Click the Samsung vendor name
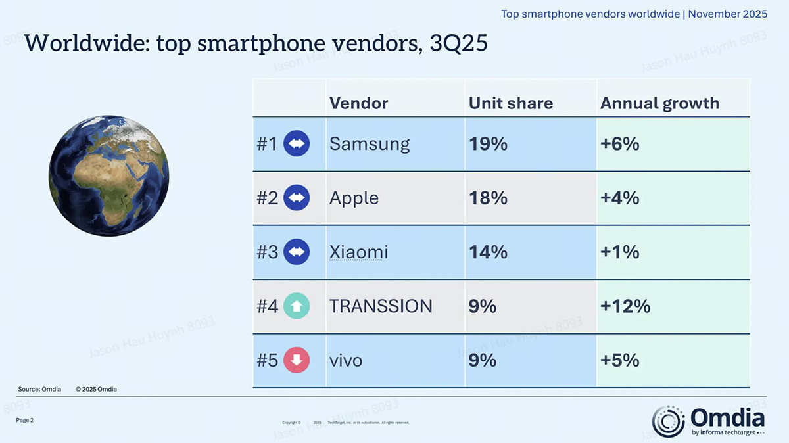[369, 144]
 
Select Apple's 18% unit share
[488, 198]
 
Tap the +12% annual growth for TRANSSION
[625, 306]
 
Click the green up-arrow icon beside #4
[297, 306]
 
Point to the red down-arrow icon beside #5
[297, 360]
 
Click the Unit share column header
[510, 103]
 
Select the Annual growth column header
[659, 103]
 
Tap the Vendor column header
[358, 103]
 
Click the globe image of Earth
[109, 175]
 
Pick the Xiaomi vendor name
[358, 252]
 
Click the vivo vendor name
[345, 360]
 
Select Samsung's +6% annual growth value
[619, 144]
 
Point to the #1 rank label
[267, 144]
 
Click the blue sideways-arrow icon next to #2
[297, 198]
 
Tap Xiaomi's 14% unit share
[488, 252]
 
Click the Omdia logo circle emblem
[668, 421]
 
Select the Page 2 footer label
[25, 420]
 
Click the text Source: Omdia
[39, 389]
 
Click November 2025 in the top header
[727, 14]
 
